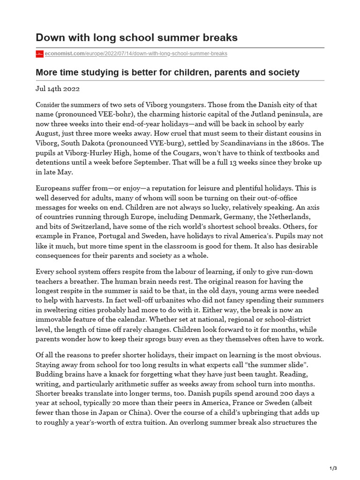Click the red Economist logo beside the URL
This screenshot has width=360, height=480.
(x=39, y=54)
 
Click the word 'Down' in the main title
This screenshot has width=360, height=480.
(x=50, y=37)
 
